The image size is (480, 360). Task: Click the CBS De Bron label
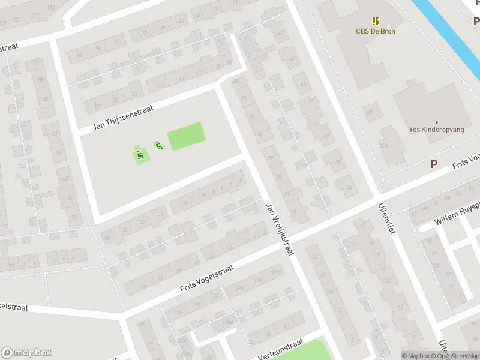376,31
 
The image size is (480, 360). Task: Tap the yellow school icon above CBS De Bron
376,21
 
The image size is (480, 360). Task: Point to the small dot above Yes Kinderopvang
436,122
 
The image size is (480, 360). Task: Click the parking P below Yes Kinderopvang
434,164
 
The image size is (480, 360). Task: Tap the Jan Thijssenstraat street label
124,118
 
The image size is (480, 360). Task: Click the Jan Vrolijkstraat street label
280,229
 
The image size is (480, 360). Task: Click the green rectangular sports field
186,136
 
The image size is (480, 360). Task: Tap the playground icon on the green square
140,156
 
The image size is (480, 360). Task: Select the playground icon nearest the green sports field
158,145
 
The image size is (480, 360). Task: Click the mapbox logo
26,352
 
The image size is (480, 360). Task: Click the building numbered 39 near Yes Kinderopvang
373,112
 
